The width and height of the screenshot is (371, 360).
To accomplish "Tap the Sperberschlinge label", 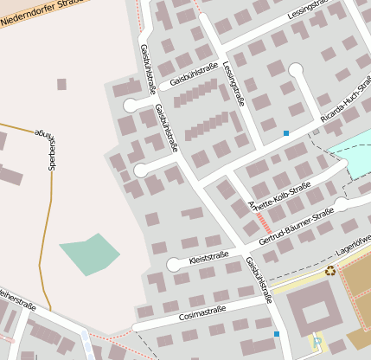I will point(48,148).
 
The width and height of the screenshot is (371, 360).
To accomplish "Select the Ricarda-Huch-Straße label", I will point(345,99).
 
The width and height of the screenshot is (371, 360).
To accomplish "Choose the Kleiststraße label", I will point(208,256).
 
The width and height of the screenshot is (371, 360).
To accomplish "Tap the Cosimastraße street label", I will point(202,311).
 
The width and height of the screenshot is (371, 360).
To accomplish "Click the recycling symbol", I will point(329,270).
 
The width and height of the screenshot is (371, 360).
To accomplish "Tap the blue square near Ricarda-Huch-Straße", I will point(285,133).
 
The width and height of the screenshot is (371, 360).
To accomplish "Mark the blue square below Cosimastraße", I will point(277,334).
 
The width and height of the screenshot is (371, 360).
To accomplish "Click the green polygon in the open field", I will point(90,254).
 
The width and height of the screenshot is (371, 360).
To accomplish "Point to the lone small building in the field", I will point(61,84).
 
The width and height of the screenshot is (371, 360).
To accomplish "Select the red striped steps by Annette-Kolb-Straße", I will point(262,222).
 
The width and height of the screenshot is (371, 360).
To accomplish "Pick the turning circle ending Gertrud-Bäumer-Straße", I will point(342,205).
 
